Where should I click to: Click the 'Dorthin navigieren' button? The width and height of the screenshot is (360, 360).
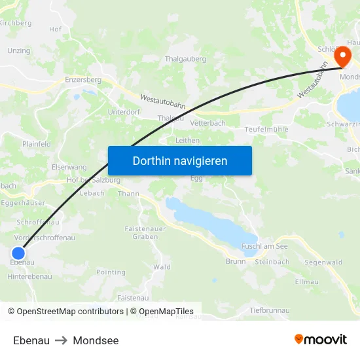[x=180, y=160]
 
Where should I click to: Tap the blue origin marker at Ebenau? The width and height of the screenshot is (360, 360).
[x=18, y=253]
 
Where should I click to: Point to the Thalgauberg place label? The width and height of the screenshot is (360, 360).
[x=185, y=58]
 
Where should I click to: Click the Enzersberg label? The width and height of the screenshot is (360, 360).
[x=83, y=79]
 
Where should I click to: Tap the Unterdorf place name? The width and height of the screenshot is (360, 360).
[x=124, y=112]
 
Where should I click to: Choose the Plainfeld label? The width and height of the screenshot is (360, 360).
[x=37, y=144]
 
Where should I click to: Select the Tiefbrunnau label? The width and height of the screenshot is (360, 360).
[x=269, y=309]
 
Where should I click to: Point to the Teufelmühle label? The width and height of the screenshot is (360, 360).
[x=266, y=129]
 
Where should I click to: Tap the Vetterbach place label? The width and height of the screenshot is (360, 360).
[x=207, y=123]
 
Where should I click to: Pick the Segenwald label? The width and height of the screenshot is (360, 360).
[x=323, y=262]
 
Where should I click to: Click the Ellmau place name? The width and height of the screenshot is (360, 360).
[x=307, y=282]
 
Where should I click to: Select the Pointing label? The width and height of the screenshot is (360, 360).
[x=111, y=272]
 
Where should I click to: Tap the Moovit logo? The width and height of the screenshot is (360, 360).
[x=321, y=339]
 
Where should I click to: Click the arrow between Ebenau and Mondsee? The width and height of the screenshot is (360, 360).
[x=62, y=340]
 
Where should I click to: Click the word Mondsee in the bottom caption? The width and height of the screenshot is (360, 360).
[x=96, y=340]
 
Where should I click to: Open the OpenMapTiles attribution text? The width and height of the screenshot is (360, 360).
[x=162, y=312]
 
